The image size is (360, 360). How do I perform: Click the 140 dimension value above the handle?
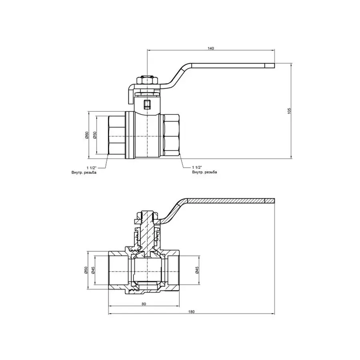click(211, 48)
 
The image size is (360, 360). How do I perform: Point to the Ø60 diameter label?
click(86, 136)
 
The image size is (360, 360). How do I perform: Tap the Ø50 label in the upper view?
click(95, 136)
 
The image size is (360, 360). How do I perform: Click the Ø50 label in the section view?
click(86, 270)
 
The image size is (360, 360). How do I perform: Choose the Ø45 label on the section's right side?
click(197, 270)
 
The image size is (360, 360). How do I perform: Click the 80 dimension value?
click(144, 304)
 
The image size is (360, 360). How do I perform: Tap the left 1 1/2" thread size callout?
click(91, 167)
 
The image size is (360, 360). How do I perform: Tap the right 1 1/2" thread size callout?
click(198, 167)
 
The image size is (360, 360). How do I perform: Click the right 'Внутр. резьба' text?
click(205, 172)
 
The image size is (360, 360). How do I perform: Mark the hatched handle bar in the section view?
click(228, 201)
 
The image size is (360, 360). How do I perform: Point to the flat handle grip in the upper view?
click(232, 65)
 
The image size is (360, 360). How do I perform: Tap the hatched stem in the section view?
click(148, 232)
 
